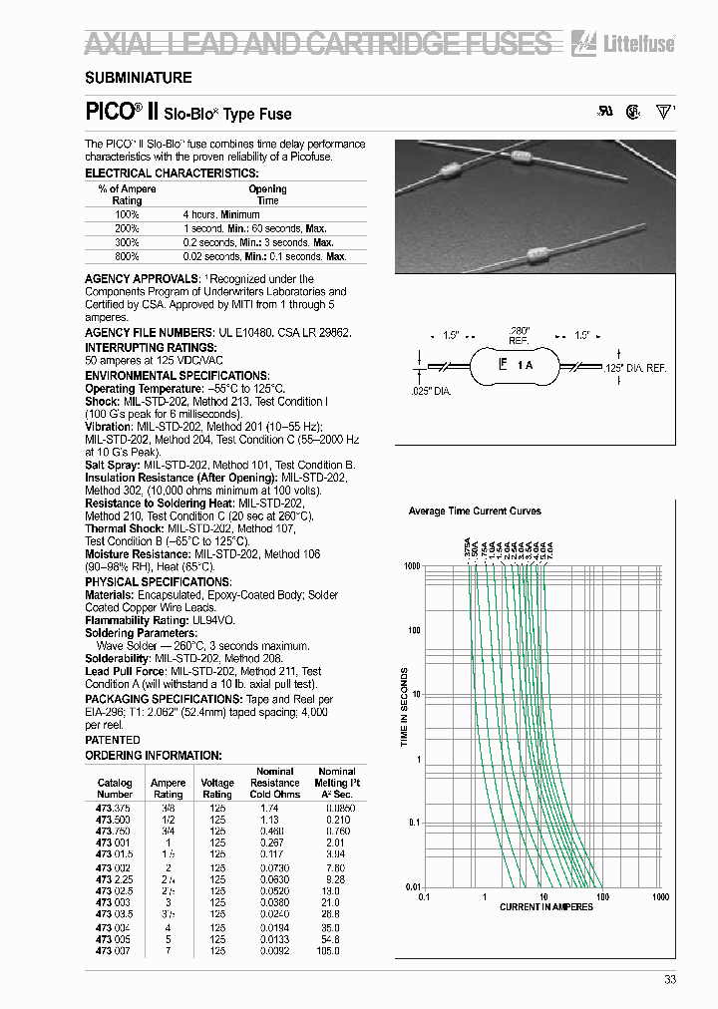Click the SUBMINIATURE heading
pyautogui.click(x=138, y=77)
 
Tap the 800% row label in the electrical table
pyautogui.click(x=127, y=256)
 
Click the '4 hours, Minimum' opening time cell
pyautogui.click(x=220, y=214)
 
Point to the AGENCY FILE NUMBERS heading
pyautogui.click(x=149, y=332)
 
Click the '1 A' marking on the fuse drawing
pyautogui.click(x=525, y=367)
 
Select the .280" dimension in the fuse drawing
pyautogui.click(x=519, y=330)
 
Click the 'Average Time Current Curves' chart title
pyautogui.click(x=475, y=511)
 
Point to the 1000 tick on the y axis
pyautogui.click(x=412, y=566)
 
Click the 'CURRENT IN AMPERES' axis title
pyautogui.click(x=545, y=906)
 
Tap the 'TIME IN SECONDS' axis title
pyautogui.click(x=405, y=712)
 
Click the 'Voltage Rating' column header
pyautogui.click(x=217, y=789)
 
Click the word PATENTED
pyautogui.click(x=113, y=740)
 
